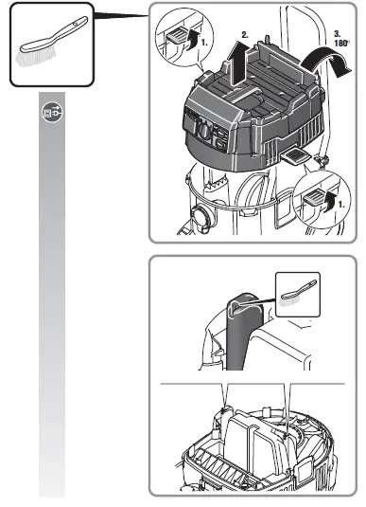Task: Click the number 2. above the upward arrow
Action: pyautogui.click(x=246, y=34)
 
